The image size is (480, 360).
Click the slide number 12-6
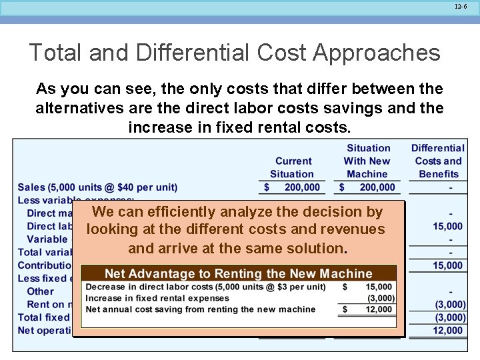[461, 6]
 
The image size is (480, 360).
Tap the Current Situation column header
[293, 167]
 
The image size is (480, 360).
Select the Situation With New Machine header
[368, 161]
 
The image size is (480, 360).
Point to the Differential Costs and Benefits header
[437, 161]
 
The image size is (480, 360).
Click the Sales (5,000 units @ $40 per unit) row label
[98, 187]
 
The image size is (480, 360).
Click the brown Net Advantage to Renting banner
[238, 273]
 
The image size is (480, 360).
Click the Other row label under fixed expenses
[40, 291]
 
